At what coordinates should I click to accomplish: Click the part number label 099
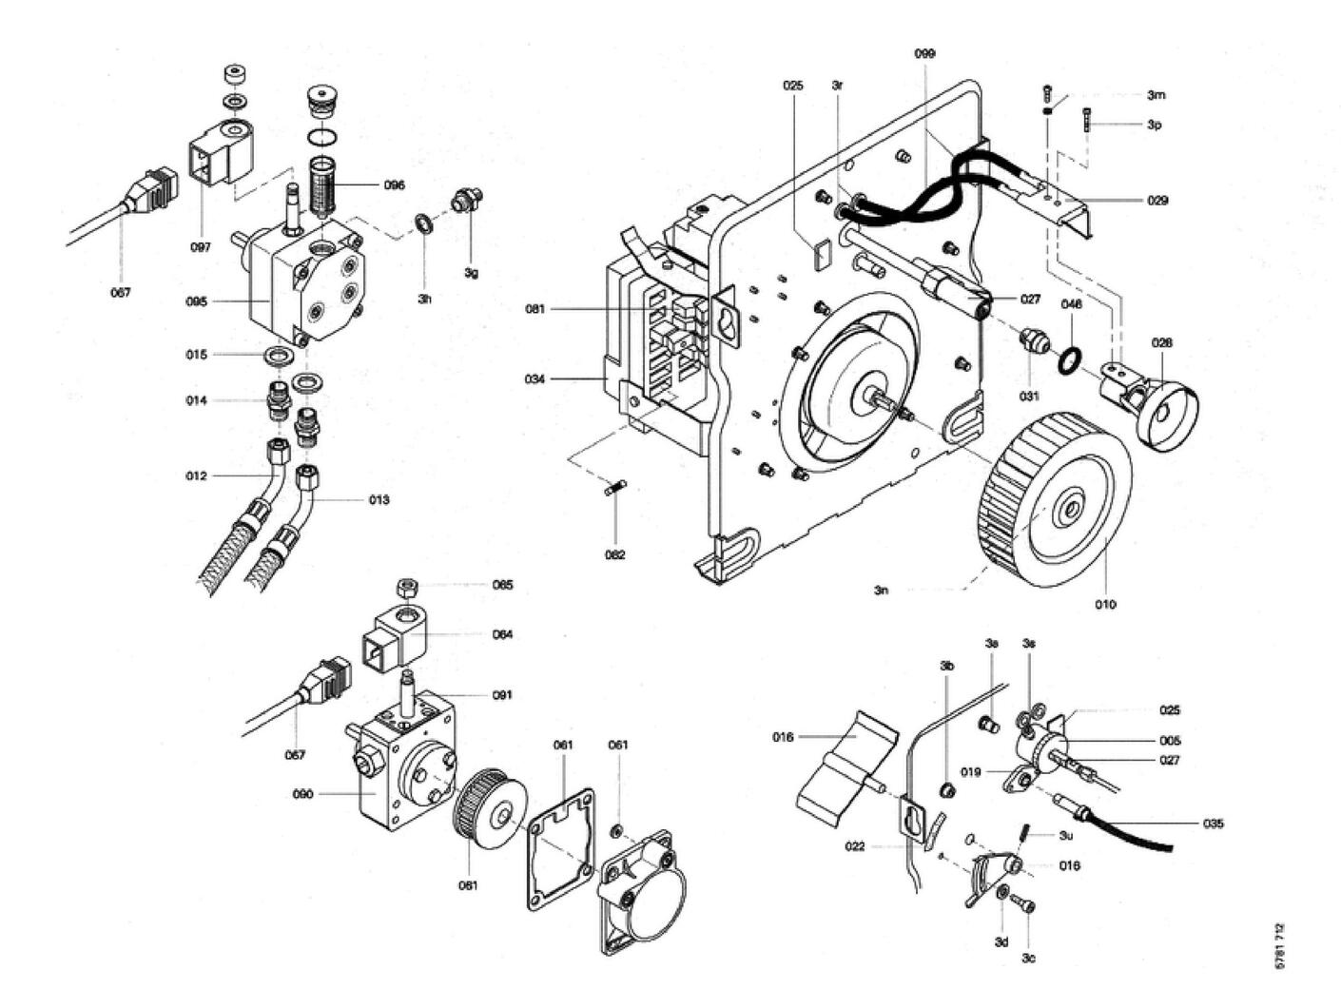pyautogui.click(x=924, y=54)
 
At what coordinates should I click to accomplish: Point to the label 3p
pyautogui.click(x=1154, y=125)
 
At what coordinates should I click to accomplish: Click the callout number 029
pyautogui.click(x=1156, y=201)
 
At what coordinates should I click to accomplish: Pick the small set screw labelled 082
pyautogui.click(x=614, y=491)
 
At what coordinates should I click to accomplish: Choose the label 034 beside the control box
pyautogui.click(x=535, y=379)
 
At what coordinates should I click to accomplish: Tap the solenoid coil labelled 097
pyautogui.click(x=213, y=158)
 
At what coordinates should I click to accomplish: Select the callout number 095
pyautogui.click(x=196, y=301)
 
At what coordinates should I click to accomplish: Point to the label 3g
pyautogui.click(x=472, y=273)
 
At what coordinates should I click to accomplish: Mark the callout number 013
pyautogui.click(x=379, y=500)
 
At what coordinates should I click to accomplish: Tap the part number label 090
pyautogui.click(x=302, y=794)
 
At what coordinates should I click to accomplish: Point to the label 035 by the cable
pyautogui.click(x=1213, y=824)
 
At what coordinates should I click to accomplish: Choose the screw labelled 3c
pyautogui.click(x=1022, y=903)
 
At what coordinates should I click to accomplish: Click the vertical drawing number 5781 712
pyautogui.click(x=1279, y=946)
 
